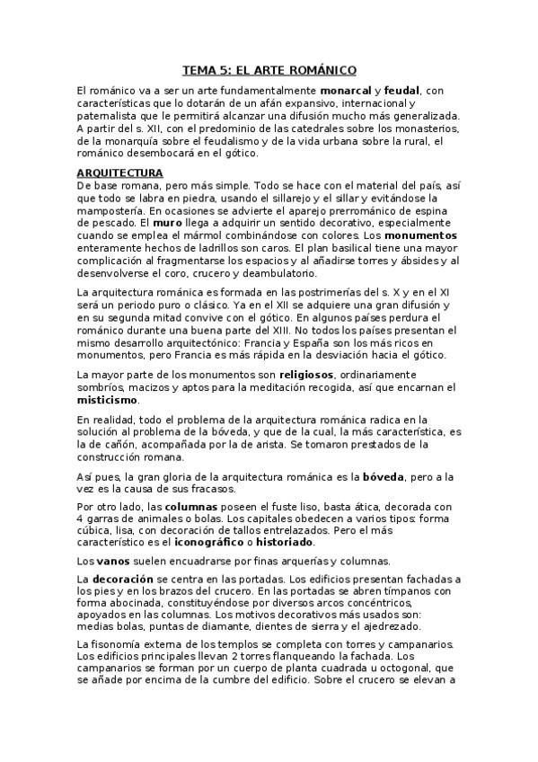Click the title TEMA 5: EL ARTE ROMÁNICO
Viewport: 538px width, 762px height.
click(269, 69)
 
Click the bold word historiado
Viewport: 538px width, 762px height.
click(282, 542)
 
